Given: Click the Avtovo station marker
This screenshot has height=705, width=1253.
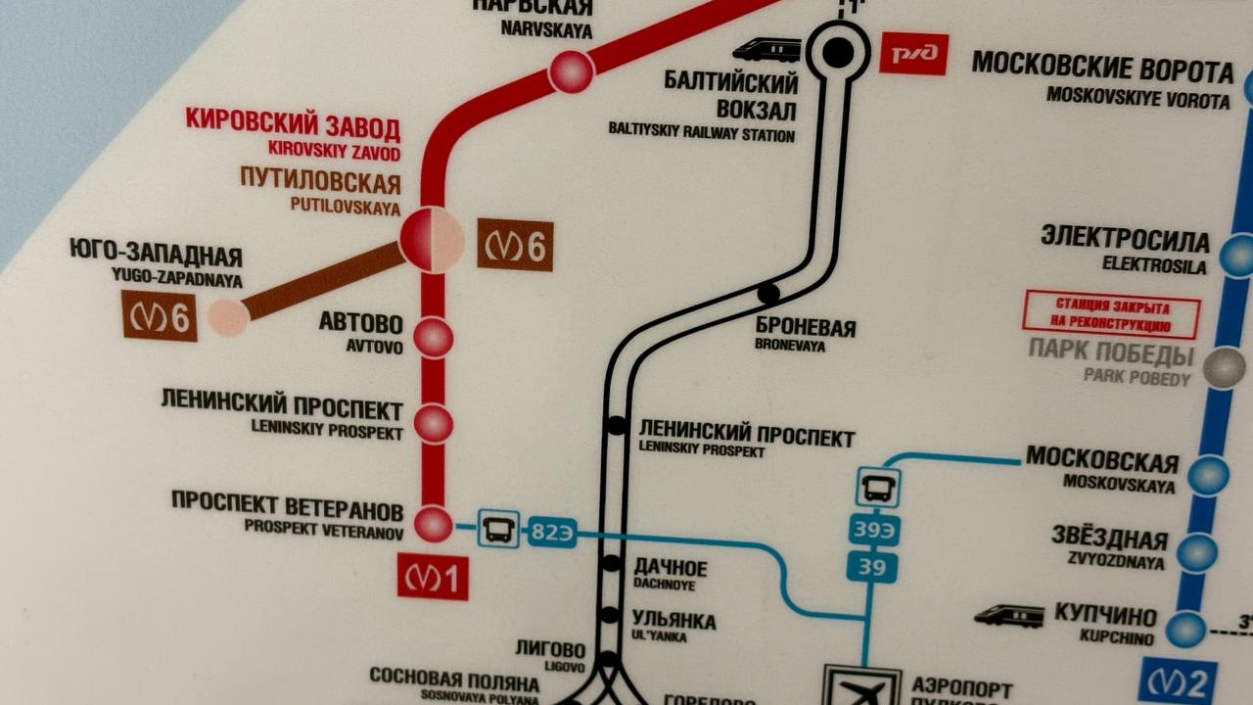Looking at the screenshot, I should point(433,337).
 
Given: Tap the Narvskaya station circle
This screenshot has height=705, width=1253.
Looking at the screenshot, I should point(571,71).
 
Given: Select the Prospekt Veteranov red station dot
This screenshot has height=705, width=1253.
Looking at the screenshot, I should point(433,524).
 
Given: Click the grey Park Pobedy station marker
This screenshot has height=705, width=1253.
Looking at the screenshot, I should point(1224,368).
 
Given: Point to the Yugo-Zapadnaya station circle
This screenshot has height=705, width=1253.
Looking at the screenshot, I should point(228,317).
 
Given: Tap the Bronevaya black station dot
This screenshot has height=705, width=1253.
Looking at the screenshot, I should point(768,293).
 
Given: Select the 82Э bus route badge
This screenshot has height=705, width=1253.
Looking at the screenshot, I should point(551,533).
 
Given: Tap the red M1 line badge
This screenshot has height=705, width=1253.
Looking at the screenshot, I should point(433,577).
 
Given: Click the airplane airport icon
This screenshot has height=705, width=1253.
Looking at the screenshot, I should point(860,688).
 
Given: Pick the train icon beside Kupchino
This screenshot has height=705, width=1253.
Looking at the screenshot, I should point(1008,615).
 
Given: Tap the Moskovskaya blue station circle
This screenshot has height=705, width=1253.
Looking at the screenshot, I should point(1209,475).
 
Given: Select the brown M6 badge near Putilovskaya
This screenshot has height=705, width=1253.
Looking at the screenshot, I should point(515,245).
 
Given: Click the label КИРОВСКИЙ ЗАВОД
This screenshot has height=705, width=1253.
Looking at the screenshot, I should point(293,125).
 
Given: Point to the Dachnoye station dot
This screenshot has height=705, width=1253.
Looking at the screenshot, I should point(611,563).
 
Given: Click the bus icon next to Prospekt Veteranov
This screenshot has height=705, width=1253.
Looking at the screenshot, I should point(498,529).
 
